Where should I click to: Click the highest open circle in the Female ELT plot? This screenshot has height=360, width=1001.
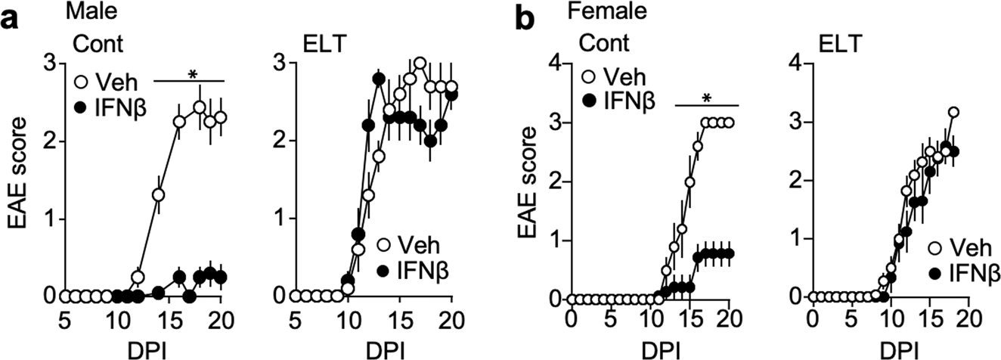tap(953, 113)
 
